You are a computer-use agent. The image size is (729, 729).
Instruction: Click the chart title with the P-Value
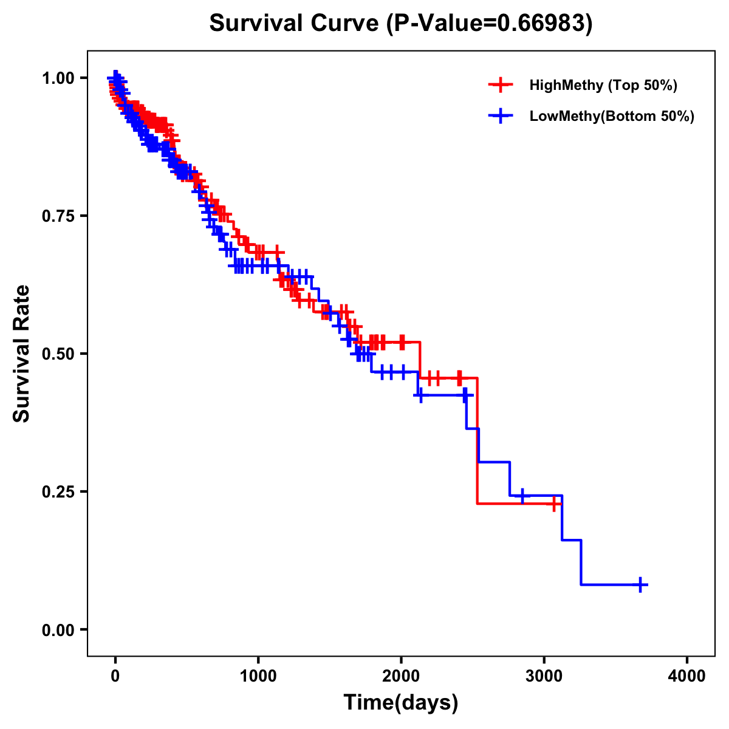(401, 24)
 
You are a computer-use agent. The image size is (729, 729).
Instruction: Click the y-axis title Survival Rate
(22, 353)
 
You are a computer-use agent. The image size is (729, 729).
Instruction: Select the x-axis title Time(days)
(401, 703)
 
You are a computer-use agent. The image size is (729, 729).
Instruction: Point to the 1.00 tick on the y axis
(57, 78)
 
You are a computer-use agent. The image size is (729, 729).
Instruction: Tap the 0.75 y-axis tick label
(57, 216)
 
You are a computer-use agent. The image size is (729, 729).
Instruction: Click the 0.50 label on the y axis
(57, 354)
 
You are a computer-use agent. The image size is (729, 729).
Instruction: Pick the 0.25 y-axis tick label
(57, 491)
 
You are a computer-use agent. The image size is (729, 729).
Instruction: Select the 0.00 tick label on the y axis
(57, 629)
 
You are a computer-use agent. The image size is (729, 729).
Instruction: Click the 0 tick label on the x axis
(115, 676)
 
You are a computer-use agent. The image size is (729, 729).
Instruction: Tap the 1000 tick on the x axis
(258, 676)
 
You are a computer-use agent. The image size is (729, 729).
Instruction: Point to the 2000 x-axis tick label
(401, 676)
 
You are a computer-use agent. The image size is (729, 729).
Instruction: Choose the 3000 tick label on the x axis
(544, 676)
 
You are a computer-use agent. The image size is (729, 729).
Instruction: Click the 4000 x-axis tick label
(687, 676)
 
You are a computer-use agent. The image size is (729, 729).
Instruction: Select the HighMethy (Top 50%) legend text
(603, 85)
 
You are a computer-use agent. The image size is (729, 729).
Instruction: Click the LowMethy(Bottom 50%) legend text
(612, 116)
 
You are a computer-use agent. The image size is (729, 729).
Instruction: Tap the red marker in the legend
(500, 85)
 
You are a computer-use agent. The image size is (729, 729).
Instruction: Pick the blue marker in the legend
(500, 116)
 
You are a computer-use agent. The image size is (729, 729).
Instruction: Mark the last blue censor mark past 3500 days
(640, 584)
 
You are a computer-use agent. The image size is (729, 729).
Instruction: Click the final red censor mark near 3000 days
(555, 504)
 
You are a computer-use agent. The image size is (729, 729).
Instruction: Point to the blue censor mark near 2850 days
(522, 496)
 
